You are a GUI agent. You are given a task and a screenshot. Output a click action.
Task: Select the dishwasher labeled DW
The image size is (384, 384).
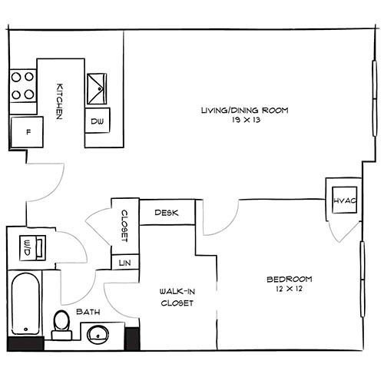(98, 122)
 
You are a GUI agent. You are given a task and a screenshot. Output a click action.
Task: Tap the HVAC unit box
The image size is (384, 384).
(342, 200)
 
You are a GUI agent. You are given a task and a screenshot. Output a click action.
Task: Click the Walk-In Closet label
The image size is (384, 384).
(176, 296)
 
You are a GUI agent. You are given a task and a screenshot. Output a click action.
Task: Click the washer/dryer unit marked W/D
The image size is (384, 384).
(28, 248)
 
